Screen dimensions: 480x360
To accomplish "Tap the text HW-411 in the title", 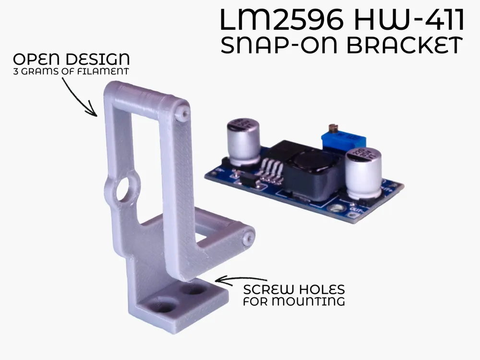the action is click(409, 20).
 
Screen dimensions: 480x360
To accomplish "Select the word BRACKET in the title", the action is click(405, 46).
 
